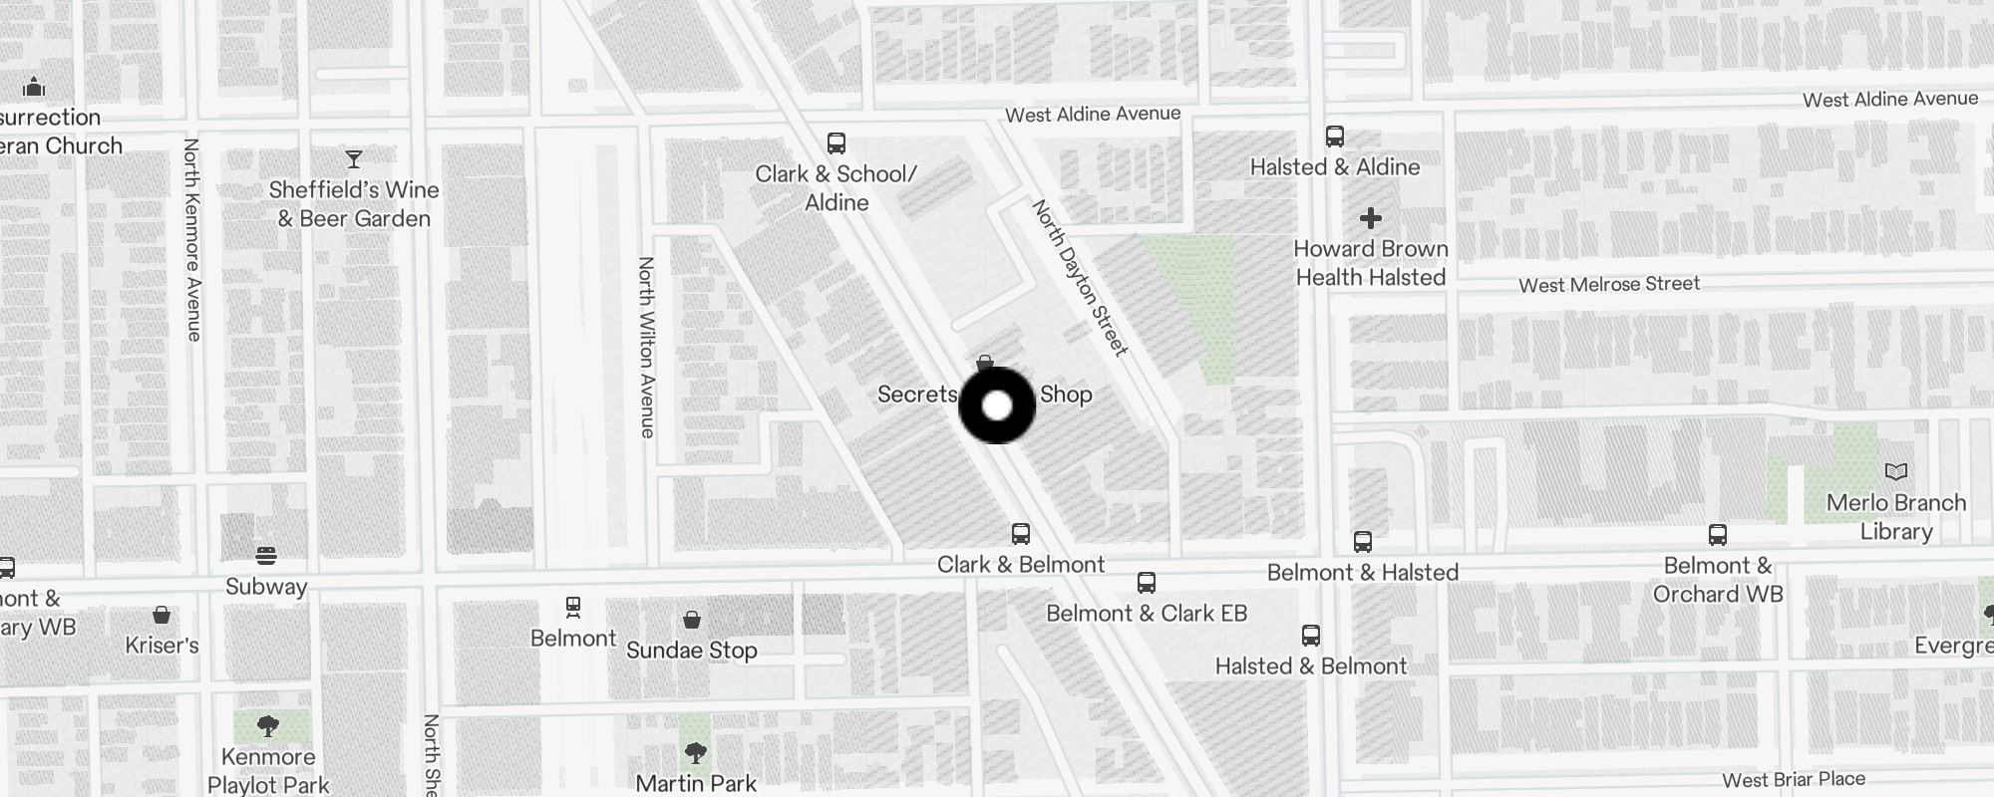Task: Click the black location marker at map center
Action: point(997,405)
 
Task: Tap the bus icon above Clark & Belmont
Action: point(1021,533)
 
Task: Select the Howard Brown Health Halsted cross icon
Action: point(1371,218)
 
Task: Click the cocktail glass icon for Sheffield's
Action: point(354,158)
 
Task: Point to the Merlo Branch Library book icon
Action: point(1896,471)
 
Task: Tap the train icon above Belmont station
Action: point(573,607)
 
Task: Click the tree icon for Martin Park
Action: point(696,752)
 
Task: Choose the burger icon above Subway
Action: point(266,555)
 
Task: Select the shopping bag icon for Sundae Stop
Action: point(692,620)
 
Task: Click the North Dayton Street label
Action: point(1081,278)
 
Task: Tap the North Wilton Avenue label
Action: point(647,347)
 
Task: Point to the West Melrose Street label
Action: point(1608,285)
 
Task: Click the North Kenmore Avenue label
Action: point(192,239)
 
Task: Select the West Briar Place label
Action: point(1794,780)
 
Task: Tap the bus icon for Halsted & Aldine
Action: point(1335,135)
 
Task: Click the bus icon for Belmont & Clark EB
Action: point(1147,582)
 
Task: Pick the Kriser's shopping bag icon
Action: point(162,615)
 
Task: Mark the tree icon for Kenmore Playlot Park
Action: point(267,726)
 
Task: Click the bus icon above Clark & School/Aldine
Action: point(836,143)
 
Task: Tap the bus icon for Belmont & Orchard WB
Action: point(1718,535)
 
